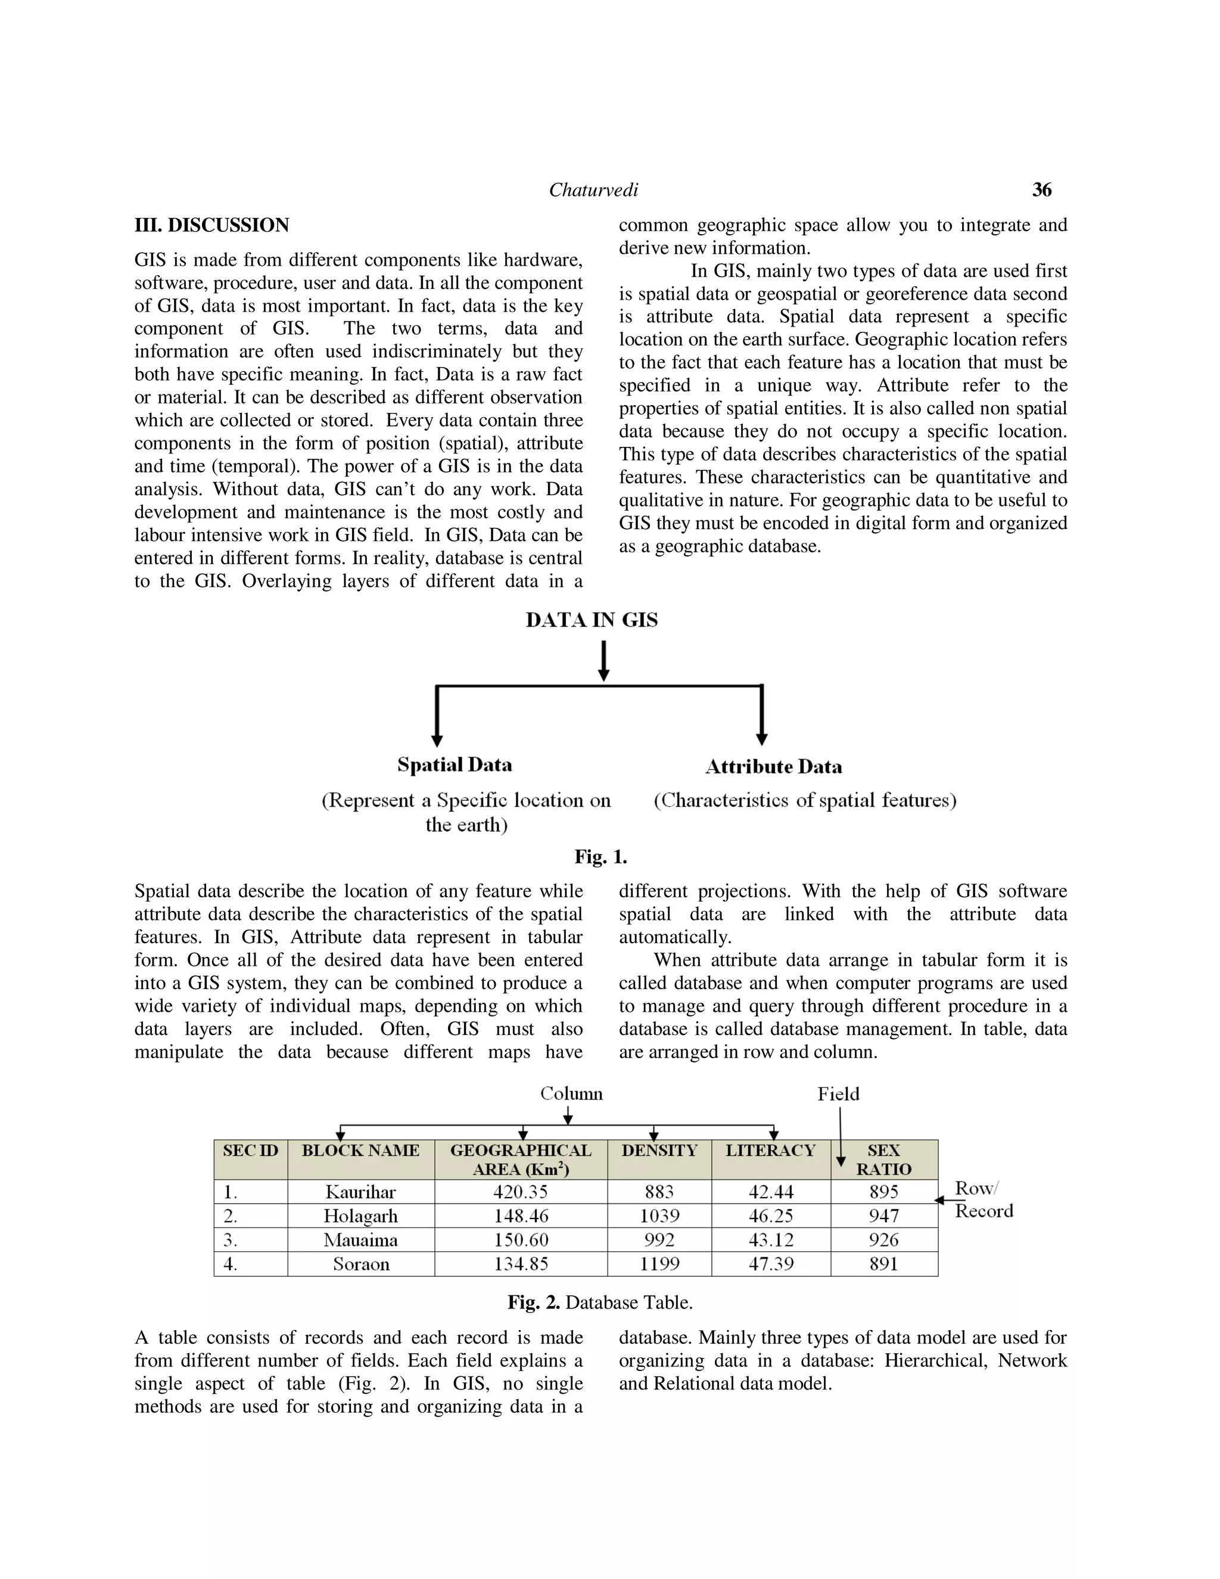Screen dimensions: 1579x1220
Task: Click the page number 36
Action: tap(1041, 190)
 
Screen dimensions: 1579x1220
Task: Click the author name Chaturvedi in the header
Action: tap(593, 190)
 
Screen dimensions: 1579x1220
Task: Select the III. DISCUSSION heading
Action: tap(211, 226)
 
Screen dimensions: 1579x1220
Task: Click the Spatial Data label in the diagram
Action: tap(455, 765)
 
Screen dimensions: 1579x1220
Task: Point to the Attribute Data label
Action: tap(773, 767)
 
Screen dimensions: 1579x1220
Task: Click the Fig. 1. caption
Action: tap(600, 857)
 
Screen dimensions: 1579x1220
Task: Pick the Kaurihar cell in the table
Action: tap(360, 1192)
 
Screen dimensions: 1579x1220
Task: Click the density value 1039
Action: tap(659, 1216)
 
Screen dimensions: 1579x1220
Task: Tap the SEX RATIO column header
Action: tap(883, 1160)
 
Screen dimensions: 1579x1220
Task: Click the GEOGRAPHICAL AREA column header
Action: tap(521, 1160)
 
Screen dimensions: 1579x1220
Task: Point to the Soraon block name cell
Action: tap(360, 1264)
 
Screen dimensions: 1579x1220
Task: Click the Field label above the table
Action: tap(838, 1094)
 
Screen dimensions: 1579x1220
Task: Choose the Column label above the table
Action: tap(571, 1094)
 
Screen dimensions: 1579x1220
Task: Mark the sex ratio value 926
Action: tap(883, 1240)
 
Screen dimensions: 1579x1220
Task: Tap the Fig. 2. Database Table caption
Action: tap(600, 1303)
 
